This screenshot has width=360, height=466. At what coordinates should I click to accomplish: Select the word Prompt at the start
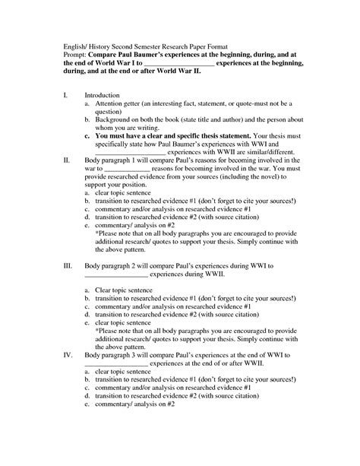point(75,56)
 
